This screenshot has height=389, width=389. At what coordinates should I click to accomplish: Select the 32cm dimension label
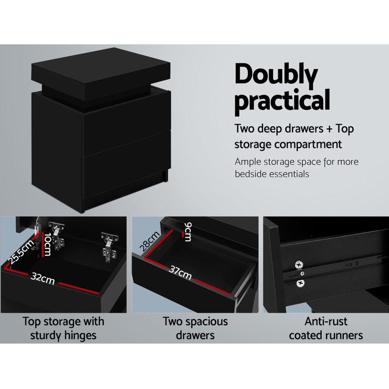43,278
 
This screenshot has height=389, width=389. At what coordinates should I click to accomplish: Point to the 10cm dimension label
47,245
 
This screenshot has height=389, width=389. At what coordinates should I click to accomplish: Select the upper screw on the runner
299,265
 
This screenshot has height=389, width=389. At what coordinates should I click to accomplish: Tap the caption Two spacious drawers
195,328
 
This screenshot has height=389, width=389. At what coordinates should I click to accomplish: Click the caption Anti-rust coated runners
326,328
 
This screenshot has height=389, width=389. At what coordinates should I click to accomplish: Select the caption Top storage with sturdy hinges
63,328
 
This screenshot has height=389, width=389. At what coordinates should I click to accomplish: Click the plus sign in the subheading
330,129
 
